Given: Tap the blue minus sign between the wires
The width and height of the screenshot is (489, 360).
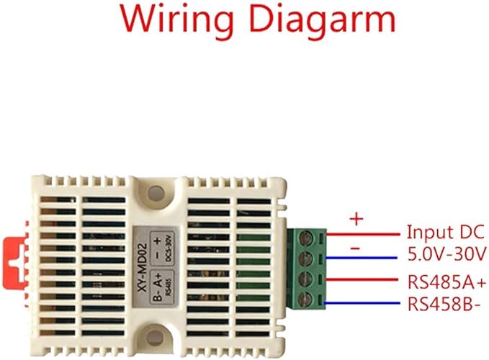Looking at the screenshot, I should (x=355, y=247).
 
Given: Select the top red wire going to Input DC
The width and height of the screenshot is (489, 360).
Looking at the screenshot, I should (x=364, y=233).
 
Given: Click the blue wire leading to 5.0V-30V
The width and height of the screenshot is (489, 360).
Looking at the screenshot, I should (x=364, y=256).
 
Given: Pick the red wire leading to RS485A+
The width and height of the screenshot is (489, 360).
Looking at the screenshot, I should (x=364, y=279).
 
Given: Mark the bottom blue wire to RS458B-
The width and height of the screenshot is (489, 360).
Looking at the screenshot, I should (x=364, y=302).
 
